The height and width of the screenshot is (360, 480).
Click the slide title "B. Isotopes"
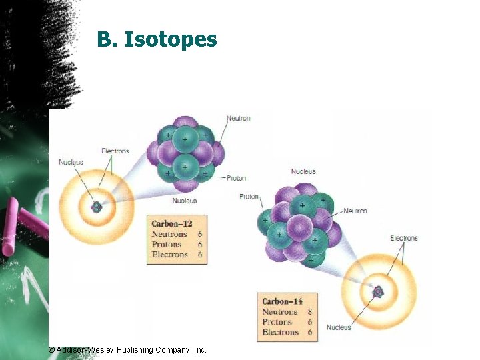[x=157, y=39]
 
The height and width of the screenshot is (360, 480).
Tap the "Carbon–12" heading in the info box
[x=172, y=223]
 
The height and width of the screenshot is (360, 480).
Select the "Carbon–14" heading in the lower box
[x=283, y=301]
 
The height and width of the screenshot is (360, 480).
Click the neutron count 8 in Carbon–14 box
[x=310, y=312]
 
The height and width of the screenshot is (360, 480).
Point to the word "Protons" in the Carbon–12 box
[x=167, y=244]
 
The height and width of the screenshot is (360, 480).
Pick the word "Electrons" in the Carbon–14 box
[x=281, y=332]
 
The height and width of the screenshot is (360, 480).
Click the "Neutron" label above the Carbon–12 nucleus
[x=239, y=119]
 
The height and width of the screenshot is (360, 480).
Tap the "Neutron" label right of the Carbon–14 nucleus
[x=355, y=211]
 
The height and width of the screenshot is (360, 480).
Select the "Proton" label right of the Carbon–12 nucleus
[x=236, y=178]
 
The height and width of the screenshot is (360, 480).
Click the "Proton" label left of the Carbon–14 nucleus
[x=249, y=197]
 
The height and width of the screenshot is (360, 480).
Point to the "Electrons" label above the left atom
[x=115, y=151]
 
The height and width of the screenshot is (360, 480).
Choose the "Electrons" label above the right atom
[x=404, y=238]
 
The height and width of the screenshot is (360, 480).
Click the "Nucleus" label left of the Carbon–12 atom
[x=71, y=162]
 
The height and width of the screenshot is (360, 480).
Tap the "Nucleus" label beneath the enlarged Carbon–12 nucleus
[x=185, y=201]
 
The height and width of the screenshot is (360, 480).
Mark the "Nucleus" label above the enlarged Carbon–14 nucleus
[x=303, y=172]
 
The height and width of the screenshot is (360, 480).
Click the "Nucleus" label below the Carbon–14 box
[x=339, y=327]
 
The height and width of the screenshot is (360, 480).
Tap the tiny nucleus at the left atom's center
[x=97, y=207]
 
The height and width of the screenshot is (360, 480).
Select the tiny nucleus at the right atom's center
[x=379, y=291]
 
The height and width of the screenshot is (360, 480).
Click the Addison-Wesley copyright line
[x=128, y=349]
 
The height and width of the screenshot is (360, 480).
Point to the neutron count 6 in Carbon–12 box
[x=200, y=234]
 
